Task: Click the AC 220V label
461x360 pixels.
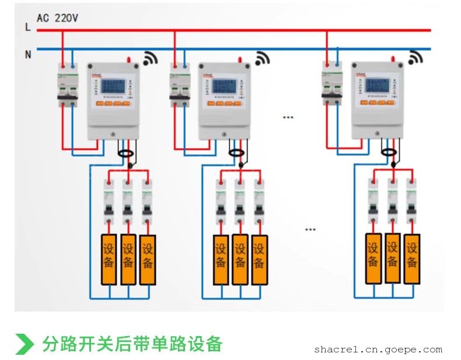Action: (x=57, y=18)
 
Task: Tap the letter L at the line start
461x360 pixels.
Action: (x=27, y=27)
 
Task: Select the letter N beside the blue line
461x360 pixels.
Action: (x=27, y=54)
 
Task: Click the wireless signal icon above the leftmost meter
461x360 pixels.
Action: (x=151, y=58)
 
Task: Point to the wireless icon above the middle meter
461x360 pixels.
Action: (x=263, y=58)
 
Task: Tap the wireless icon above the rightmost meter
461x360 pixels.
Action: (x=415, y=58)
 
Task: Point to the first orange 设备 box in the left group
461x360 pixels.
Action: (x=109, y=259)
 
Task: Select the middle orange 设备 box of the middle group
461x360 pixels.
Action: (x=240, y=259)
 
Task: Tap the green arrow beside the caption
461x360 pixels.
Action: (x=25, y=344)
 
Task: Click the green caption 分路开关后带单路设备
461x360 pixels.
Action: (x=132, y=344)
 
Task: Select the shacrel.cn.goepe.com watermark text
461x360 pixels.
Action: (x=378, y=349)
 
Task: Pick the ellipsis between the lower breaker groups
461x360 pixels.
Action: (x=310, y=229)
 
